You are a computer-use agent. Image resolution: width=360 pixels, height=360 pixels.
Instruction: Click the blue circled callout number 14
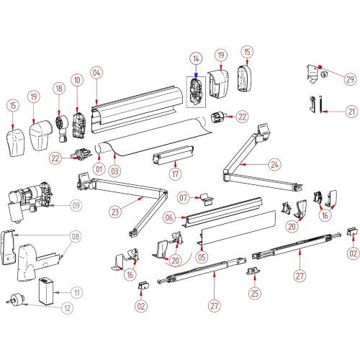click(x=196, y=59)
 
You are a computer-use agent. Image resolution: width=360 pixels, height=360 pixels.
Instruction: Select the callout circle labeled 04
click(x=96, y=73)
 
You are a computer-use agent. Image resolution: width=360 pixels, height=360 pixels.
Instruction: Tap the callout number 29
click(x=350, y=79)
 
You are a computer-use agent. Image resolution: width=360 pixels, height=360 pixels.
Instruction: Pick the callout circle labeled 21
click(x=351, y=112)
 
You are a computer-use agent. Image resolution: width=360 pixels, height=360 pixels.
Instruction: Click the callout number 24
click(x=274, y=165)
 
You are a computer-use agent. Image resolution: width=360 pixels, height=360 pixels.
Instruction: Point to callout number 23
click(x=115, y=212)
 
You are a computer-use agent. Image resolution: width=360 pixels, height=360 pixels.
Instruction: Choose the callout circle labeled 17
click(x=176, y=174)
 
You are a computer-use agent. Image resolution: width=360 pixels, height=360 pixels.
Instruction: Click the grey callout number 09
click(x=76, y=205)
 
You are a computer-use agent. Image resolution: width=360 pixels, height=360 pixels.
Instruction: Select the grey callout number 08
click(x=76, y=236)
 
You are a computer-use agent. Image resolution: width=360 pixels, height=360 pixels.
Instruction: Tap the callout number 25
click(x=255, y=293)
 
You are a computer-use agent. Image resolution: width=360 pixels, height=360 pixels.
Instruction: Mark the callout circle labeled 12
click(x=68, y=308)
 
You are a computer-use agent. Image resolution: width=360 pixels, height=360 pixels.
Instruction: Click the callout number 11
click(x=77, y=293)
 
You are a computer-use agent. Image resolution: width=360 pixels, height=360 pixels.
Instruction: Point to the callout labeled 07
click(x=184, y=198)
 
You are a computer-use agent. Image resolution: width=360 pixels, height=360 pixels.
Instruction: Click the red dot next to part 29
click(x=320, y=67)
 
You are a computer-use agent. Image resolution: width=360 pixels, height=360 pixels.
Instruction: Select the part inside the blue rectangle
click(x=196, y=92)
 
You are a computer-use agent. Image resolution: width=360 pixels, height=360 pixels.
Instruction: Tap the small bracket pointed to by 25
click(x=253, y=271)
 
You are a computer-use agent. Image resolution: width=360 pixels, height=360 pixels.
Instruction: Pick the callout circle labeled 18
click(x=59, y=89)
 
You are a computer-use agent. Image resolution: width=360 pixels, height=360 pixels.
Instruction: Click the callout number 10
click(x=77, y=80)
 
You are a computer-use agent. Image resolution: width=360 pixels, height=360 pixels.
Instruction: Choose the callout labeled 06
click(x=169, y=217)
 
